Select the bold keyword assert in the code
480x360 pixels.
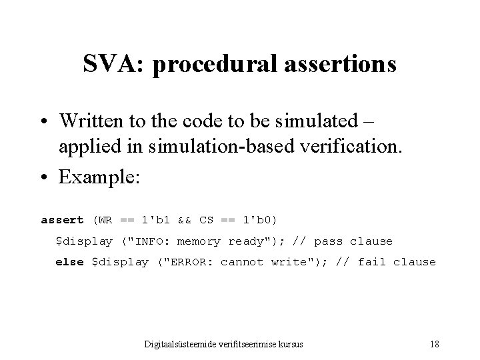pos(63,220)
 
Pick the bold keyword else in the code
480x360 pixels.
pos(69,262)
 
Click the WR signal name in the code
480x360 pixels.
pos(106,220)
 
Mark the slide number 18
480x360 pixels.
pos(434,344)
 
